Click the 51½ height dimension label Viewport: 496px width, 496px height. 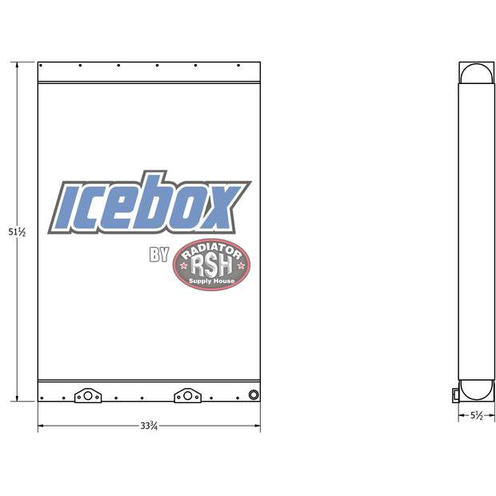(17, 232)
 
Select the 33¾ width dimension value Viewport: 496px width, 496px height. (148, 426)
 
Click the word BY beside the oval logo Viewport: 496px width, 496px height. (158, 255)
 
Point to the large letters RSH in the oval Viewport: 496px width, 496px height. (211, 265)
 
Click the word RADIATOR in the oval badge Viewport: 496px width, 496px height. (211, 250)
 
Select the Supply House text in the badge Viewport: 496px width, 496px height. (211, 282)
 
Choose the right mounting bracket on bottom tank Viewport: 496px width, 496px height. (187, 395)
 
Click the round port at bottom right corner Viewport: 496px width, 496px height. (254, 394)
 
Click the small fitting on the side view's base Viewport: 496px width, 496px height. (454, 393)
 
